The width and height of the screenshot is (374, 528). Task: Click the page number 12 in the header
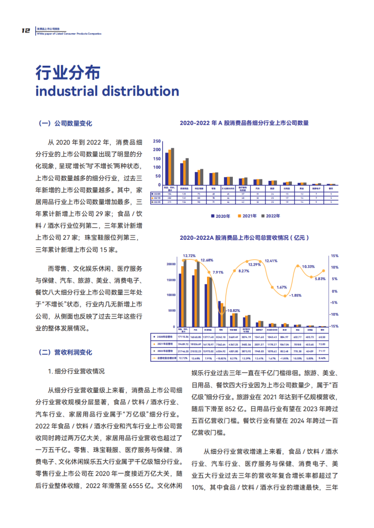pos(25,31)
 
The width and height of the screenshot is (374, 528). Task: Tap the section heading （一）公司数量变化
pos(66,124)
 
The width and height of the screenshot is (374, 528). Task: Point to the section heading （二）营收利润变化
pos(66,351)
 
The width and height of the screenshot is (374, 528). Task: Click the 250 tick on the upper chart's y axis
pos(156,141)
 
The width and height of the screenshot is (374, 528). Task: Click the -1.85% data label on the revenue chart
pos(296,296)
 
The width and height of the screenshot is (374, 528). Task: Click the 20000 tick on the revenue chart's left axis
pos(171,263)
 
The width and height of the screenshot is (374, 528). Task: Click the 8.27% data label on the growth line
pos(243,271)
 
